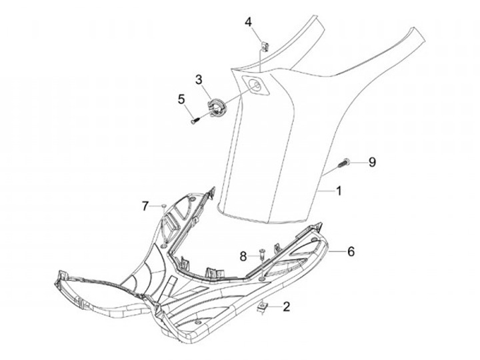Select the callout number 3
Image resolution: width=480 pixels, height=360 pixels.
click(x=199, y=80)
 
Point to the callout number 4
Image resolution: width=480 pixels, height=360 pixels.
click(x=249, y=22)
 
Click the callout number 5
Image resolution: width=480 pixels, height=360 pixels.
click(x=181, y=99)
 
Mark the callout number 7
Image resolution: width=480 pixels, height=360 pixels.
click(x=145, y=206)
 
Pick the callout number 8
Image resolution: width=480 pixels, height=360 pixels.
click(x=244, y=255)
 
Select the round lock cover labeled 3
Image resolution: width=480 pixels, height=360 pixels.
click(x=219, y=107)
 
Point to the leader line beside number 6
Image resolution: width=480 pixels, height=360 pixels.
click(x=337, y=251)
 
